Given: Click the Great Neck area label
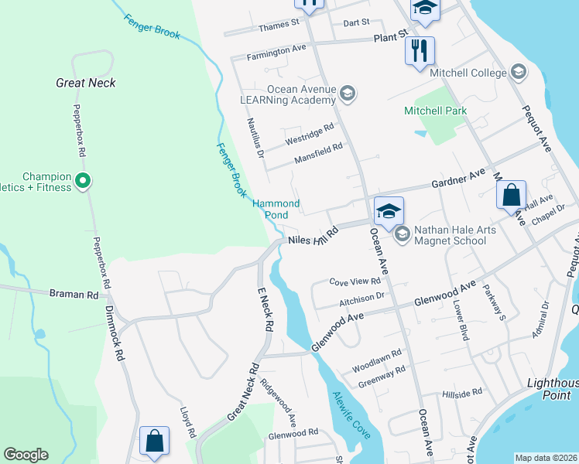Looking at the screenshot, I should click(x=85, y=83).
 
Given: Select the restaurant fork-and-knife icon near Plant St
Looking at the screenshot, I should click(x=420, y=52).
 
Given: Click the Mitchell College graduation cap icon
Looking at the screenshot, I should click(x=518, y=73).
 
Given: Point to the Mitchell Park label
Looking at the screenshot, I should click(x=435, y=111).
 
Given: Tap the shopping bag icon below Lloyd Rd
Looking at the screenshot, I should click(x=154, y=442).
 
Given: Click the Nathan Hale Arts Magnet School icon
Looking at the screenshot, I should click(x=401, y=234).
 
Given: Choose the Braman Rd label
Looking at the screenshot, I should click(x=74, y=295).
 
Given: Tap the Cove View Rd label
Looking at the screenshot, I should click(x=355, y=282).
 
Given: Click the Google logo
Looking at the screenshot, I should click(x=26, y=455).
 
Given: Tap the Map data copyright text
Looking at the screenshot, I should click(x=545, y=458).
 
